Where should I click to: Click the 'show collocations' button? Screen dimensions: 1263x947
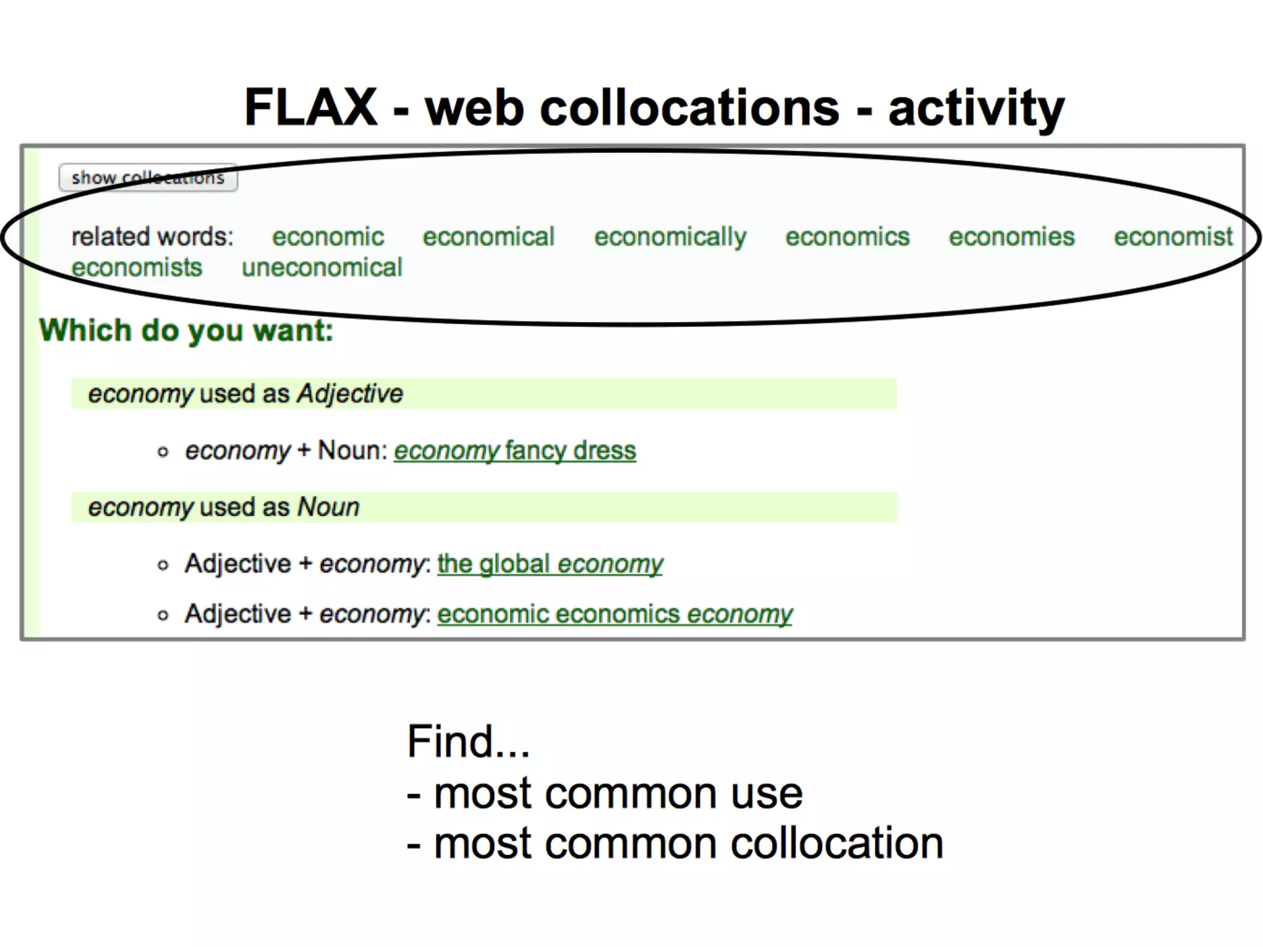tap(148, 178)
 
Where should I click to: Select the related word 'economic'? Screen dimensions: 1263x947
tap(328, 237)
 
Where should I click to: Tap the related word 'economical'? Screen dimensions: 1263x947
tap(488, 237)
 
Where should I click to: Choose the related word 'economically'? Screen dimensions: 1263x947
tap(670, 237)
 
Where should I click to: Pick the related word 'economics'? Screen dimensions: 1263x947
tap(847, 237)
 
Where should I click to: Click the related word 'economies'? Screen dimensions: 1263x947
tap(1011, 237)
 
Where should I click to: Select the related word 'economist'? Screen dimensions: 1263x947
tap(1173, 237)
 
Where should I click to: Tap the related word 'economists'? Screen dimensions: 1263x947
tap(137, 268)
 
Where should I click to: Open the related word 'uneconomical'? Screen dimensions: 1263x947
tap(322, 268)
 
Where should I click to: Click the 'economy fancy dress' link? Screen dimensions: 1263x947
tap(515, 451)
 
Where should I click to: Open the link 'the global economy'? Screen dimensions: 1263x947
tap(550, 564)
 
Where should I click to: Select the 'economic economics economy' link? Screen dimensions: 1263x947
tap(615, 614)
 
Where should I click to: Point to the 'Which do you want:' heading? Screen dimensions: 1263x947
tap(186, 330)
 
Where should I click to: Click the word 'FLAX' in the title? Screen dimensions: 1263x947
tap(311, 107)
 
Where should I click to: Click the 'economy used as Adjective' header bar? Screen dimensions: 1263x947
tap(484, 393)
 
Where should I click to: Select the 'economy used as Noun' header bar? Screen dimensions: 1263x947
tap(484, 507)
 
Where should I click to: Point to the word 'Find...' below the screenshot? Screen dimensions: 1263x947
tap(469, 741)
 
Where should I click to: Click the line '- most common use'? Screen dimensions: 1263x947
tap(604, 793)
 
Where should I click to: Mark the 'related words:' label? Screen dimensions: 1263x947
tap(152, 237)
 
